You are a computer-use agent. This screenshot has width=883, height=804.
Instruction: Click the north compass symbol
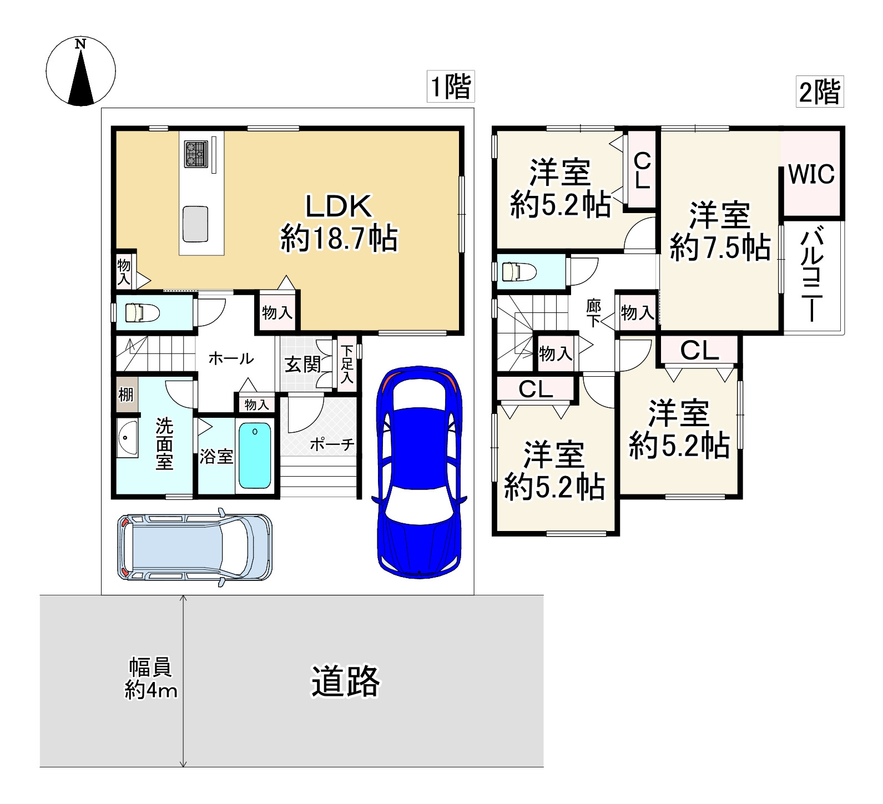(81, 70)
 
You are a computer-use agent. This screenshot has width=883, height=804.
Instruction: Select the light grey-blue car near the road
(195, 547)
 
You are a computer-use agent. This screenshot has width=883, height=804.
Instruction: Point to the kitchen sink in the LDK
(195, 224)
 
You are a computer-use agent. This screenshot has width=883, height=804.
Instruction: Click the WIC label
(811, 175)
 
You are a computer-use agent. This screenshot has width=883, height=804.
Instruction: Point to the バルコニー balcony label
(811, 276)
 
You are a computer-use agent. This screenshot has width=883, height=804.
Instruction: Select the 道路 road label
(345, 681)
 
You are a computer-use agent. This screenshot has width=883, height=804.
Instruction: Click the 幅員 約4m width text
(151, 679)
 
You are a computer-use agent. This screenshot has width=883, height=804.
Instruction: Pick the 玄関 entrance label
(302, 365)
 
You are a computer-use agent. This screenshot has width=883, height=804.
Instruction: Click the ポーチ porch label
(331, 444)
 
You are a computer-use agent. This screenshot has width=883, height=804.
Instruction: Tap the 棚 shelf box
(126, 394)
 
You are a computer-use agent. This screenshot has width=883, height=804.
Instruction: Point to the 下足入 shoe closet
(347, 364)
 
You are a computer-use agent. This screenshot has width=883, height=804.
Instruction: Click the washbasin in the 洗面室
(127, 438)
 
